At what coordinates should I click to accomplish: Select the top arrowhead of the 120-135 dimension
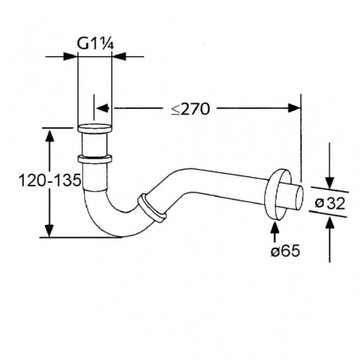(48, 131)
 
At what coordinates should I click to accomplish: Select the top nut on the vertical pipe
(96, 128)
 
